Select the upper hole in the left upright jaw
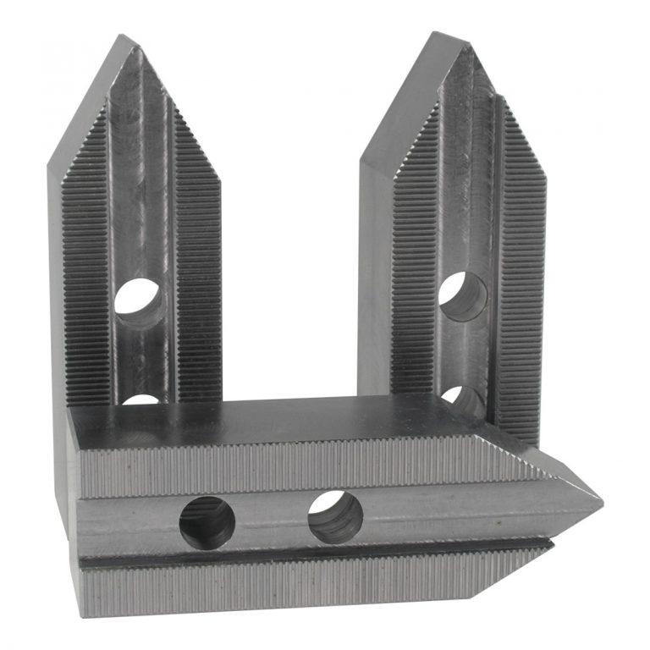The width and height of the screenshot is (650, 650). pyautogui.click(x=138, y=300)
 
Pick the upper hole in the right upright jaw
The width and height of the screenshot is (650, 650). pyautogui.click(x=462, y=296)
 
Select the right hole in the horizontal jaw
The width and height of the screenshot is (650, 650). pyautogui.click(x=335, y=517)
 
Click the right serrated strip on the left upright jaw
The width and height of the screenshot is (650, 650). pyautogui.click(x=196, y=271)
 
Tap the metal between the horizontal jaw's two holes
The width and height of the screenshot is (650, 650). pyautogui.click(x=271, y=521)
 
